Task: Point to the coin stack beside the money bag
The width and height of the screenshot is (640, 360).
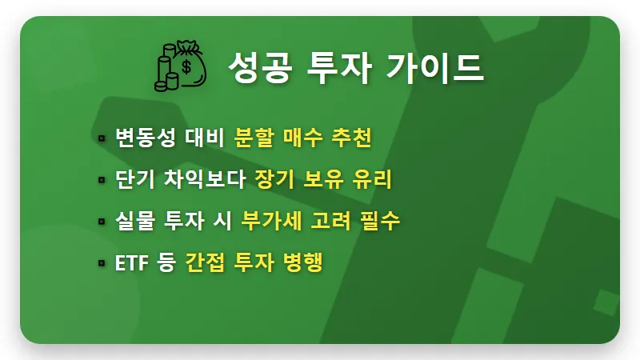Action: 166,70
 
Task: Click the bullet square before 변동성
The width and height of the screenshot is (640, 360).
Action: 102,138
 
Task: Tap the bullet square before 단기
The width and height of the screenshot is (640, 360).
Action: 102,180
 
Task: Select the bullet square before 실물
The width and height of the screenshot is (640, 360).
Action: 102,222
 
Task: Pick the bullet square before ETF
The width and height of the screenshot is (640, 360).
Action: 102,262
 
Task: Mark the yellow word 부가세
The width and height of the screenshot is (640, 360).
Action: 270,221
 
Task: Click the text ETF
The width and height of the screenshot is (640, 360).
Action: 131,262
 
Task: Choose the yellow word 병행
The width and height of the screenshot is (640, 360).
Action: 302,262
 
